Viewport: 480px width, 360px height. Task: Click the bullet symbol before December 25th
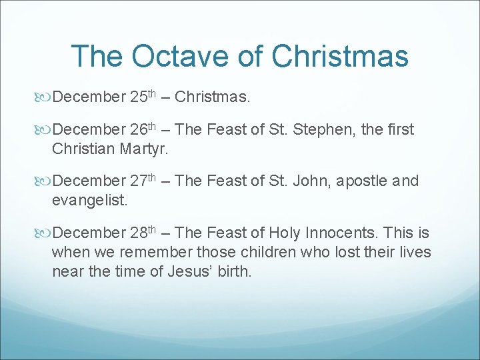tap(45, 98)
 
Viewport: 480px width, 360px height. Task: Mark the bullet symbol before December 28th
tap(45, 233)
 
